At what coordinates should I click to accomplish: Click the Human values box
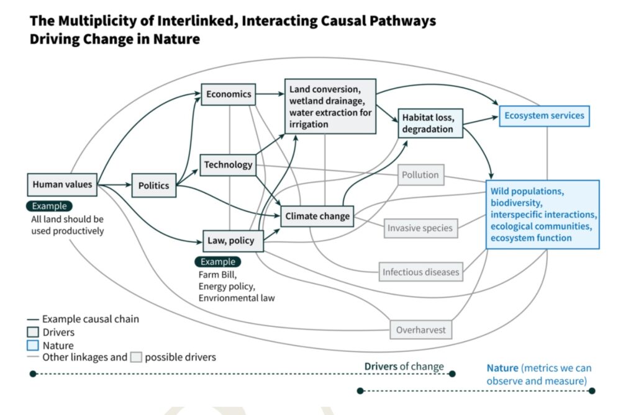coord(62,184)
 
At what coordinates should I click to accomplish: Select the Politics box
coord(153,185)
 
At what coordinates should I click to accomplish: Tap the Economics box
coord(229,94)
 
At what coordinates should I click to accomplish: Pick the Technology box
coord(229,164)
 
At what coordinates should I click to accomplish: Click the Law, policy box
coord(233,240)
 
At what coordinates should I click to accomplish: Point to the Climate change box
coord(317,216)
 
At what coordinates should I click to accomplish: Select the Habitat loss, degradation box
coord(429,123)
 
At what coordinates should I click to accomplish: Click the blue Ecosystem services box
coord(544,115)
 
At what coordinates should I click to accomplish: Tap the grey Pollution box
coord(420,175)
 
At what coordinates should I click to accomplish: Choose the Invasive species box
coord(420,228)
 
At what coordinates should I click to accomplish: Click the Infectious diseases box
coord(420,272)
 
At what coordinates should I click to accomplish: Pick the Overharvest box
coord(421,330)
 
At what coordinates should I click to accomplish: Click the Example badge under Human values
coord(49,206)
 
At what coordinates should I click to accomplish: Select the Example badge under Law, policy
coord(217,262)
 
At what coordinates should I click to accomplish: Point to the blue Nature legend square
coord(34,346)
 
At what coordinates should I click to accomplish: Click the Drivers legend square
coord(34,332)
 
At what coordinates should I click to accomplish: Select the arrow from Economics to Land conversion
coord(270,94)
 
